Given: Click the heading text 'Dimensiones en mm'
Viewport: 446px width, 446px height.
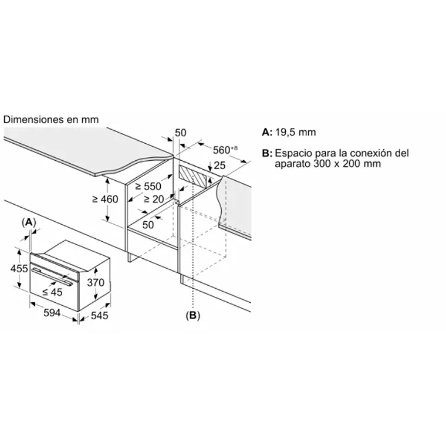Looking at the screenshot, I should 51,119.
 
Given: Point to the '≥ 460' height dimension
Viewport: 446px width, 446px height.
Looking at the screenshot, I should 105,199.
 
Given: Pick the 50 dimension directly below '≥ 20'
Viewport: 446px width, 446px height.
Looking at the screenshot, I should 147,225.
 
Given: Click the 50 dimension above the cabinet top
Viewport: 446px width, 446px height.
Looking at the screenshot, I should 181,133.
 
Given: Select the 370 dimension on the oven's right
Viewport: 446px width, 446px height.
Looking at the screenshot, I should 95,282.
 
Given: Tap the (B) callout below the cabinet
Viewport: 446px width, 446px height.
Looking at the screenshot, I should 192,316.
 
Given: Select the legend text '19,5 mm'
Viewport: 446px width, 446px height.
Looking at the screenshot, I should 296,133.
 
